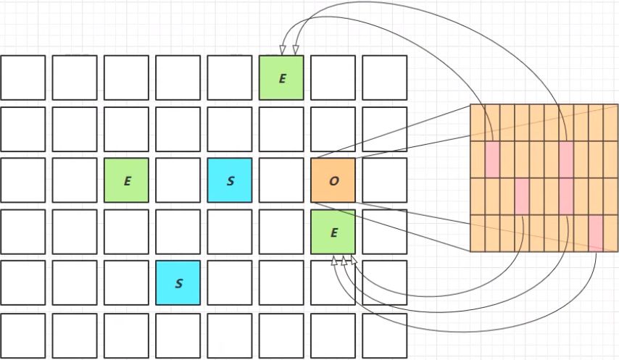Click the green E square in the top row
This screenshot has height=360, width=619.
(282, 78)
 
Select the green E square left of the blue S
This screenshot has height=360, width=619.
(127, 180)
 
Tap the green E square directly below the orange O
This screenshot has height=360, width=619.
(333, 232)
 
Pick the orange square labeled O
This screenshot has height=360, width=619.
(333, 180)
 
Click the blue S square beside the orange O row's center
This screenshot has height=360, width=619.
(230, 180)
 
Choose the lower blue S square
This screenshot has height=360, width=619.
(178, 283)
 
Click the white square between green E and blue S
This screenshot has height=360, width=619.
(178, 180)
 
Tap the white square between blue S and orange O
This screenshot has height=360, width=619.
(282, 180)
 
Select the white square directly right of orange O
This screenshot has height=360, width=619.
(385, 180)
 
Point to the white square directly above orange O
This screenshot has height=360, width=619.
(333, 129)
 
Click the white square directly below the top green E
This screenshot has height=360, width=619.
(282, 129)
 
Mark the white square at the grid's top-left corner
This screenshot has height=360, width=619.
(23, 78)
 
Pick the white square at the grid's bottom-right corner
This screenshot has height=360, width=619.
(385, 335)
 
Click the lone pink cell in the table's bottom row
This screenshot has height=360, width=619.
(596, 233)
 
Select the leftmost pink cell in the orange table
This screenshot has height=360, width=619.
(492, 159)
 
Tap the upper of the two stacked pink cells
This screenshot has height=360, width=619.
(566, 159)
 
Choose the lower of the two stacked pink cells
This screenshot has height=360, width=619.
(566, 196)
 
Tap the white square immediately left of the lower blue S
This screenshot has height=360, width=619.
(127, 283)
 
